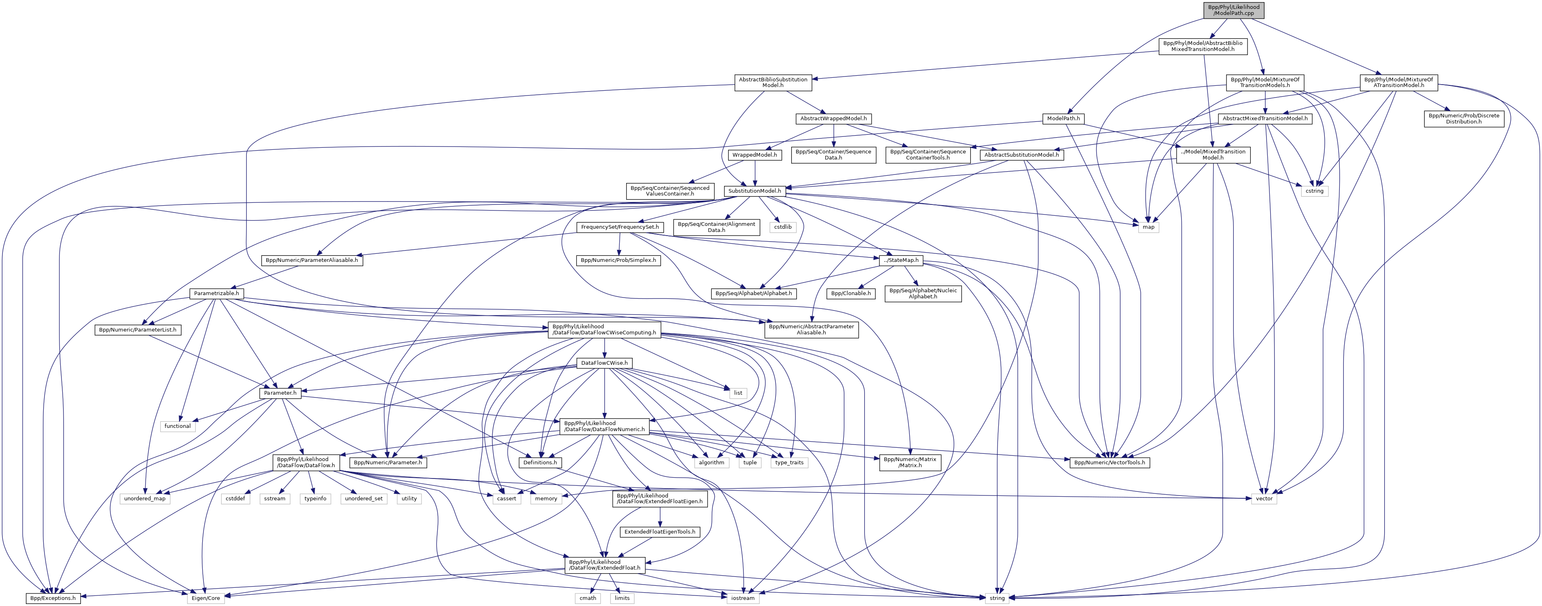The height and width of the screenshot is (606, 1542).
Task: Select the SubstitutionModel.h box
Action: pos(754,191)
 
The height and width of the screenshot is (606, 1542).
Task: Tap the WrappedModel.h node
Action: pos(754,155)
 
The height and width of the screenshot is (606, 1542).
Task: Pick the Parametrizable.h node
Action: pos(216,293)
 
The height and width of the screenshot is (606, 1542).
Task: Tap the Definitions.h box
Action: pos(540,462)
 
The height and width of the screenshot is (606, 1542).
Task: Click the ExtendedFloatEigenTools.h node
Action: pos(660,532)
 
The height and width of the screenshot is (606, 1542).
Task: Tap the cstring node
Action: pos(1315,191)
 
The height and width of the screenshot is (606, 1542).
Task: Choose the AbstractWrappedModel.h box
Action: pos(833,119)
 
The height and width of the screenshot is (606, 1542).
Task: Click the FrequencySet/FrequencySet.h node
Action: pos(620,227)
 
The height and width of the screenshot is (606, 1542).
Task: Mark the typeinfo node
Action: pos(316,498)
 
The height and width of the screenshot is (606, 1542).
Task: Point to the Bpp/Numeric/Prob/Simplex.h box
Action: pos(618,260)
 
